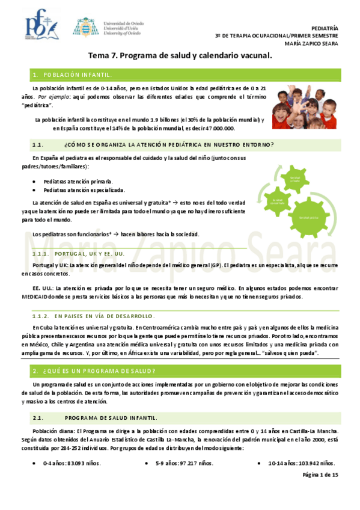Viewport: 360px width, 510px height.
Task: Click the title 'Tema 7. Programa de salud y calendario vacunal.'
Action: tap(180, 56)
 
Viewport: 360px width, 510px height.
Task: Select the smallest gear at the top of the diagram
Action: tap(293, 179)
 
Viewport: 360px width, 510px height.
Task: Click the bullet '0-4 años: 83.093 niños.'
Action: tap(72, 463)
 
